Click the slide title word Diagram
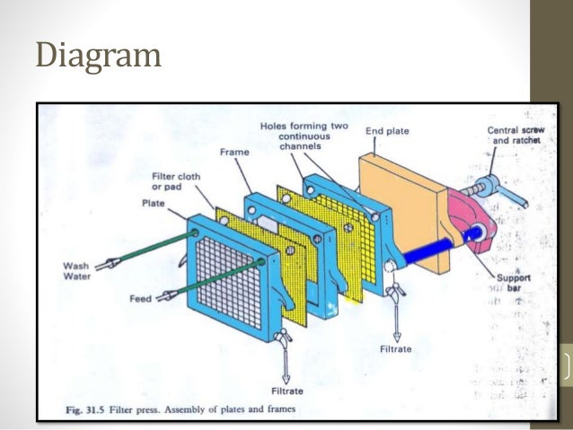[x=99, y=56]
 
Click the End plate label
[x=387, y=132]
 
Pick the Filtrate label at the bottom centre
[x=287, y=391]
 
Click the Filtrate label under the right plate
[x=396, y=348]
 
